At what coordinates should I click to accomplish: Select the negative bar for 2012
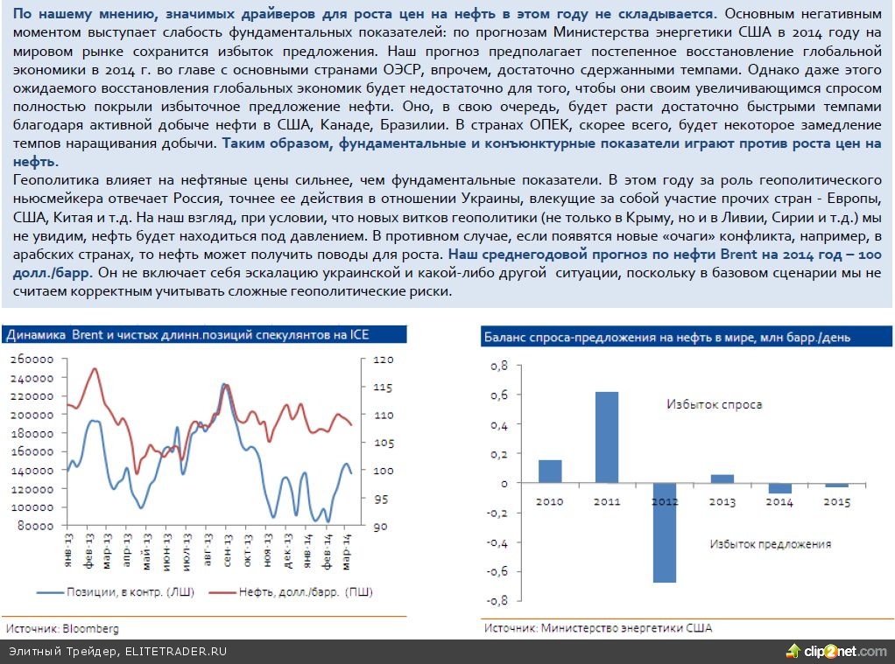pos(665,533)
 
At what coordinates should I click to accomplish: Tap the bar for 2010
pos(550,472)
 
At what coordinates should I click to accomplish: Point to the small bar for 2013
pos(722,479)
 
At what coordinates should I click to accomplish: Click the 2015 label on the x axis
pos(836,501)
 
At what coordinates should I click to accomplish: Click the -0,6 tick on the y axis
pos(496,571)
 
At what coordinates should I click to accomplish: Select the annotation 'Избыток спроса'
pos(714,404)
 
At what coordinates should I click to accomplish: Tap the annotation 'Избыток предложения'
pos(770,543)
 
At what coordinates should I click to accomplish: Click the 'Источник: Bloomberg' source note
pos(62,628)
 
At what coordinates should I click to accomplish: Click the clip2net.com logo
pos(837,651)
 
